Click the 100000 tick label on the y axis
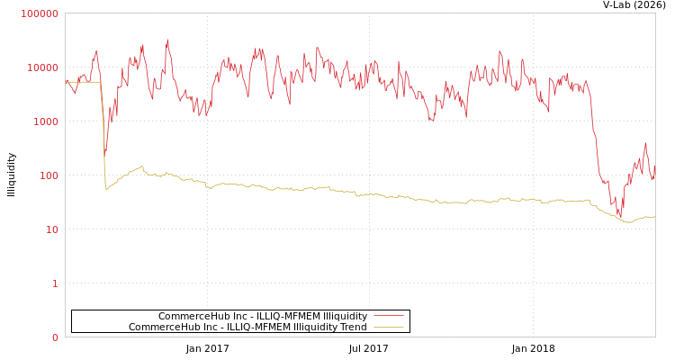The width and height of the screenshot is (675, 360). click(40, 13)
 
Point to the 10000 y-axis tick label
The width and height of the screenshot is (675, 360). click(43, 67)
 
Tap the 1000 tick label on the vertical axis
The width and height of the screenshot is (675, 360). click(46, 121)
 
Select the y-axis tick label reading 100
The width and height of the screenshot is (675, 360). click(49, 175)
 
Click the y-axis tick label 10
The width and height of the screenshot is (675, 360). click(51, 229)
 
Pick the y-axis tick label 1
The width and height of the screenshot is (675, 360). click(54, 283)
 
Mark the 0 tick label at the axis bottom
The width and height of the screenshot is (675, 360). click(54, 337)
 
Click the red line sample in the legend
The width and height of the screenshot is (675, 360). click(388, 316)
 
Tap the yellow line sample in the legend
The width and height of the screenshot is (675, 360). click(388, 327)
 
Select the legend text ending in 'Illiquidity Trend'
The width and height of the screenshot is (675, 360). click(247, 327)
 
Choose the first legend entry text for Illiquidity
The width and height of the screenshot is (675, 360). click(263, 316)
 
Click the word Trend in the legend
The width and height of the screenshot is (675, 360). click(354, 327)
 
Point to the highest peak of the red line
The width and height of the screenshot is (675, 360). click(167, 40)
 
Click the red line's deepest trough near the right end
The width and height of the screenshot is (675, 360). click(619, 217)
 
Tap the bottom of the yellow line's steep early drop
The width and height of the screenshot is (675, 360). click(106, 189)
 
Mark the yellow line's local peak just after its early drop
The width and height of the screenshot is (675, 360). click(141, 166)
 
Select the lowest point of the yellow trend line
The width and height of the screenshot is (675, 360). click(628, 221)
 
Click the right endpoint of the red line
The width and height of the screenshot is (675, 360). click(654, 166)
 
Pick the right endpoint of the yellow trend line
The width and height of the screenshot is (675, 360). click(654, 217)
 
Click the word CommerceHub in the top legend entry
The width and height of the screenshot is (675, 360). click(184, 316)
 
